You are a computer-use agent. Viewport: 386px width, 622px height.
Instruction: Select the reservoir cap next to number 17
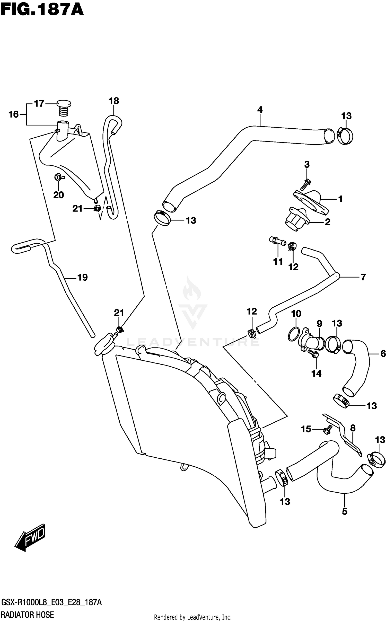[x=63, y=108]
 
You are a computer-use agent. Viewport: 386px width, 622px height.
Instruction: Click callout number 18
[x=114, y=101]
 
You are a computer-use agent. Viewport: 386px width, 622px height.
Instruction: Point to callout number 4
[x=260, y=110]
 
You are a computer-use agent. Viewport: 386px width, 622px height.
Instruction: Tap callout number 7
[x=363, y=277]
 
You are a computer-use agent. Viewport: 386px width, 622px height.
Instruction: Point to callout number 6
[x=383, y=354]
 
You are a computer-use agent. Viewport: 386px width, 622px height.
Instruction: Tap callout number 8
[x=353, y=428]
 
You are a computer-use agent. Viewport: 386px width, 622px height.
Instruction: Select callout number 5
[x=345, y=512]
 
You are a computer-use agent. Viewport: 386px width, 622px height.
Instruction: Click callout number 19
[x=83, y=277]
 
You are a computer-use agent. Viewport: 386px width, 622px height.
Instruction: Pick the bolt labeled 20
[x=59, y=177]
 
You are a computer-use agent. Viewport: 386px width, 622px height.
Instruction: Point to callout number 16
[x=14, y=114]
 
